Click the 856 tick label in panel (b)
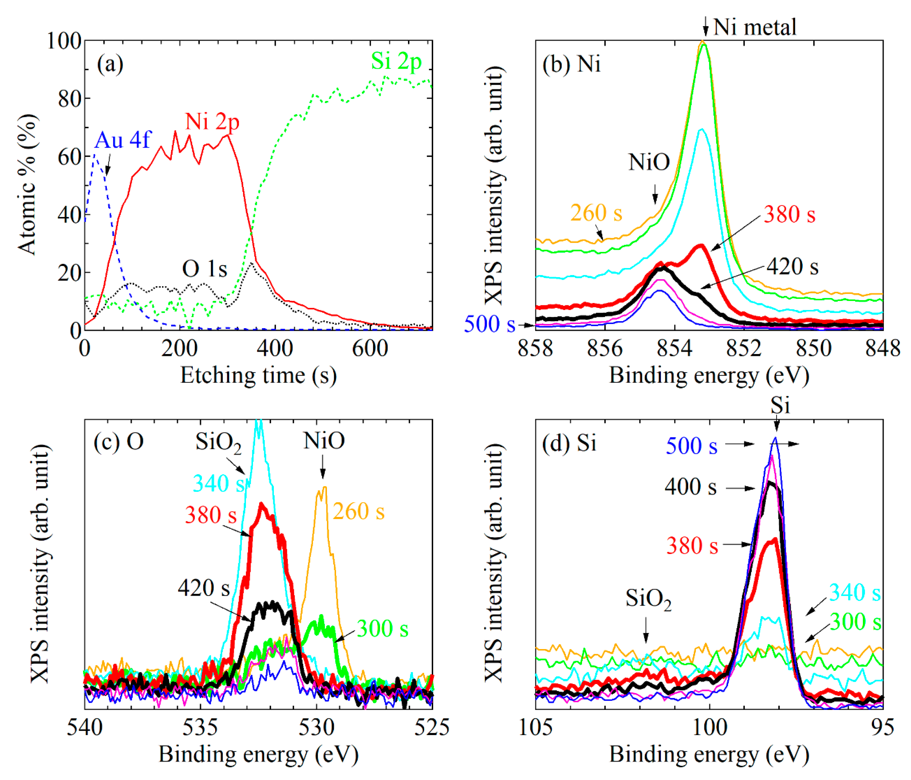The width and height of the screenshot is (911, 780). (605, 349)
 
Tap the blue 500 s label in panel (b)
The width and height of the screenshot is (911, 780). (489, 324)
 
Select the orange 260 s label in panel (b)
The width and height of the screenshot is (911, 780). (596, 213)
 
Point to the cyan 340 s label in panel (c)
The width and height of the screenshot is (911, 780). (219, 484)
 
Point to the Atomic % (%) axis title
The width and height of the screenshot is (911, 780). (27, 185)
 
